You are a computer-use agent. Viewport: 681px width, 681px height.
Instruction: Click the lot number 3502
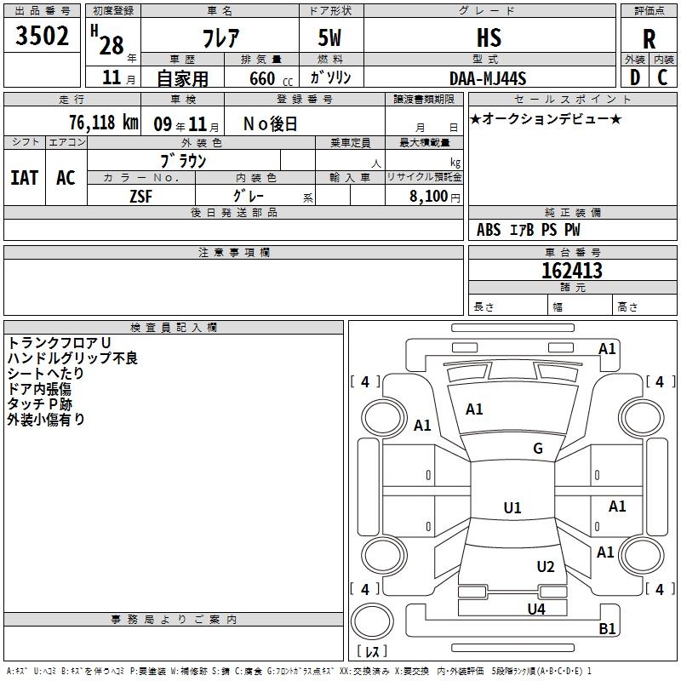click(x=42, y=36)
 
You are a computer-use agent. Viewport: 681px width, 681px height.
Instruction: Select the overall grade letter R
click(x=649, y=39)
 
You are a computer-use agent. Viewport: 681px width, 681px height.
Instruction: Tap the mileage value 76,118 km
click(x=104, y=123)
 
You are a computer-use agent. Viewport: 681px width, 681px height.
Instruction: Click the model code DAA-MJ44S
click(x=488, y=78)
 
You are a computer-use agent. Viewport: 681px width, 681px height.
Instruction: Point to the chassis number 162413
click(x=572, y=271)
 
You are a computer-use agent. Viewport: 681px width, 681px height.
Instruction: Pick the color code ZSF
click(x=141, y=197)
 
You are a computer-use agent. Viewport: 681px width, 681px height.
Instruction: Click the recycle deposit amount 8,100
click(x=428, y=196)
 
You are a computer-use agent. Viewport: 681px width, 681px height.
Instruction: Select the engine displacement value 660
click(x=262, y=78)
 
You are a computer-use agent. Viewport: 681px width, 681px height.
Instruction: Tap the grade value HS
click(x=489, y=37)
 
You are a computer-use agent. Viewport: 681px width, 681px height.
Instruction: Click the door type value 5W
click(x=329, y=37)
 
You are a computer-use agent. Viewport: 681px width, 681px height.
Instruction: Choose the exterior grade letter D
click(x=635, y=77)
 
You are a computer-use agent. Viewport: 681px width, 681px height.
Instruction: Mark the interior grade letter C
click(x=662, y=77)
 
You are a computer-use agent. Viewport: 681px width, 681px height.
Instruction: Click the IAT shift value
click(x=25, y=178)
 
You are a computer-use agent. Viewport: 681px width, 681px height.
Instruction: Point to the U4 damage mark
click(x=536, y=609)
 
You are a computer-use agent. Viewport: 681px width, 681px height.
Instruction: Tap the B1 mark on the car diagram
click(x=607, y=628)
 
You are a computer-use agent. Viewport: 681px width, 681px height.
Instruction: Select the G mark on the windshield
click(x=538, y=449)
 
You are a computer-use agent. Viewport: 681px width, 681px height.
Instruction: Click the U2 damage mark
click(x=546, y=567)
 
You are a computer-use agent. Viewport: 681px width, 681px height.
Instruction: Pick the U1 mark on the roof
click(x=512, y=507)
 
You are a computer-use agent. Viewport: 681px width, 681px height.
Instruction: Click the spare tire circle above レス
click(x=372, y=621)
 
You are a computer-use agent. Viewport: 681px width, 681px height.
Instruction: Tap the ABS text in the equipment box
click(x=489, y=230)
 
